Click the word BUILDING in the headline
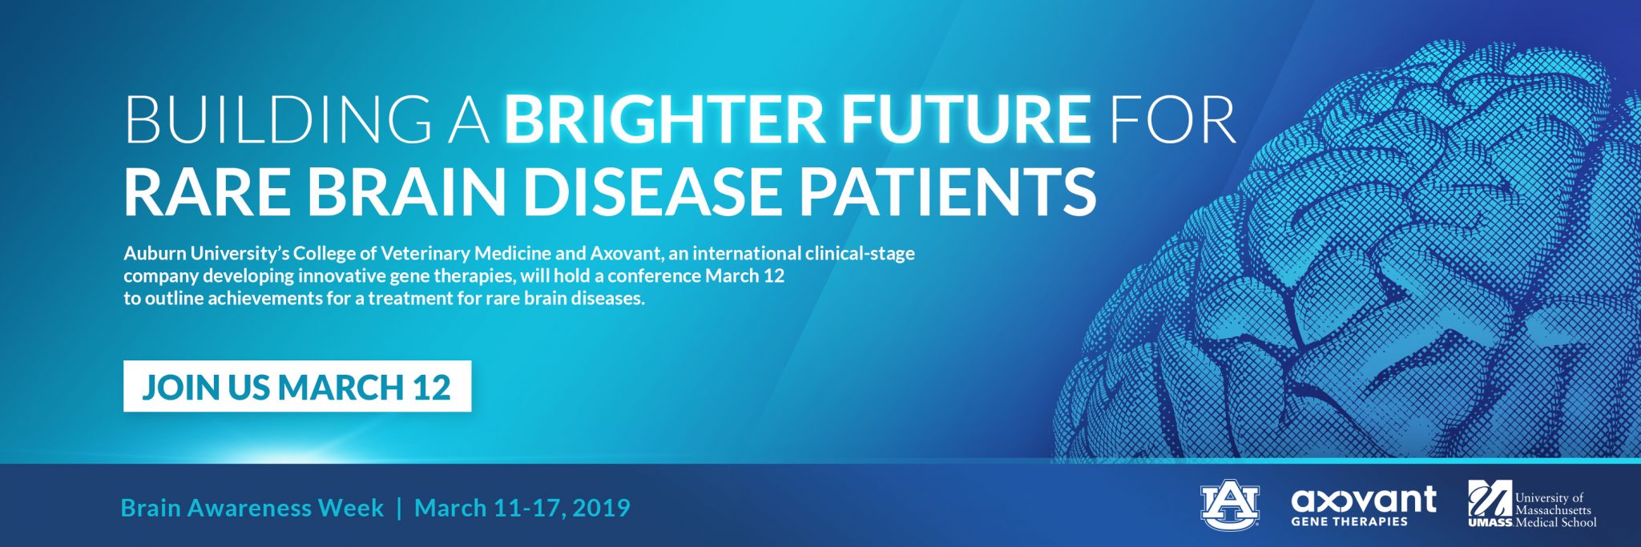click(277, 120)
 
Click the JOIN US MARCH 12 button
click(297, 387)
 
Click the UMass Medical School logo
click(1531, 505)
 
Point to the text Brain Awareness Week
click(252, 508)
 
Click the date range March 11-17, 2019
click(522, 509)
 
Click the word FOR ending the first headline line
click(1173, 120)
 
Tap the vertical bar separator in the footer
click(399, 509)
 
